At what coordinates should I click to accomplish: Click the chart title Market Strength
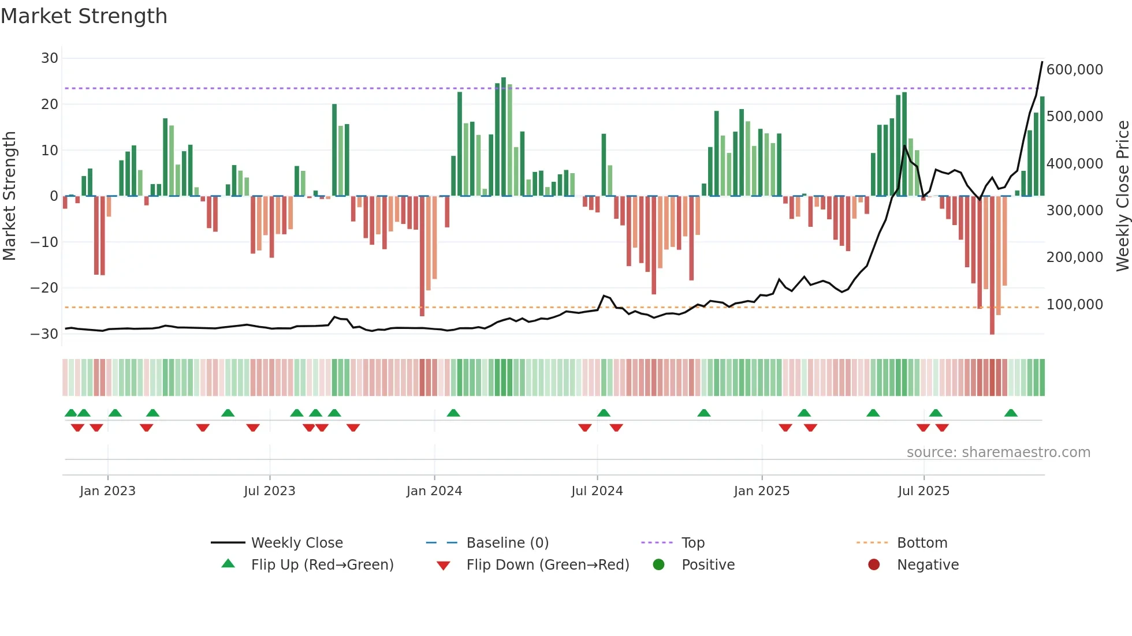point(84,16)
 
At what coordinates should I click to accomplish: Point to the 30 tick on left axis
point(50,58)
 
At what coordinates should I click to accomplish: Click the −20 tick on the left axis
point(44,288)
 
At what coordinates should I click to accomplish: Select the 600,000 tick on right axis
point(1074,70)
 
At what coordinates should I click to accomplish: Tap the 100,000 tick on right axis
point(1074,305)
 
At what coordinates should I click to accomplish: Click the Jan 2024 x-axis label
point(434,491)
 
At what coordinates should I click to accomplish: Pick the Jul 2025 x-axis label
point(923,491)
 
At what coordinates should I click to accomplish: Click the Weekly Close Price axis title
point(1122,196)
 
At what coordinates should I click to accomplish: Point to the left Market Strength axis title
point(9,196)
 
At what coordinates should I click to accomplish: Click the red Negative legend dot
point(874,565)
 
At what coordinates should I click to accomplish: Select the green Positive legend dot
point(658,565)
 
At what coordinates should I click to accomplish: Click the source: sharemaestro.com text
point(998,452)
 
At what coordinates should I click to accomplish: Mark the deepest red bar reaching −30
point(992,265)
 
